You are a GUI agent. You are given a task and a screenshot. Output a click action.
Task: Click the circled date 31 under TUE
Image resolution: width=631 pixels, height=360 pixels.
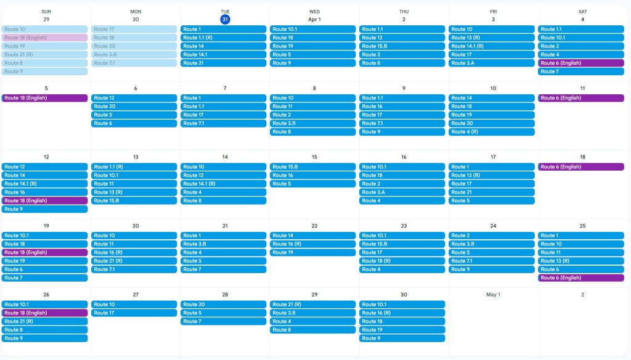pos(225,19)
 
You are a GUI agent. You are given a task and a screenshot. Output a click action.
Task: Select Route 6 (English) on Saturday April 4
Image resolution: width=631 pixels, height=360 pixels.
pos(581,63)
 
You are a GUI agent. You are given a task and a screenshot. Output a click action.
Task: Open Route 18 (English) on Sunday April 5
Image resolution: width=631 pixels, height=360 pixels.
pos(44,98)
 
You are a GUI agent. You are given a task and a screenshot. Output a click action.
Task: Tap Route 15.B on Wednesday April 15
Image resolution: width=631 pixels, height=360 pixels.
pos(312,167)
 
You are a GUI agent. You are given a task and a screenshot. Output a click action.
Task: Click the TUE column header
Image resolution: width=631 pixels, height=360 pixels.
pos(225,11)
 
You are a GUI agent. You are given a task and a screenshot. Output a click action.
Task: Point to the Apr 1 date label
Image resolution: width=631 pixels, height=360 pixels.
pos(314,19)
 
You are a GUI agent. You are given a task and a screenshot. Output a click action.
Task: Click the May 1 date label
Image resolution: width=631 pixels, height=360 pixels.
pos(493,295)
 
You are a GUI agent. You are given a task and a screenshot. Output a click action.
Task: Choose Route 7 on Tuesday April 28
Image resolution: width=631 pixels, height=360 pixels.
pos(223,321)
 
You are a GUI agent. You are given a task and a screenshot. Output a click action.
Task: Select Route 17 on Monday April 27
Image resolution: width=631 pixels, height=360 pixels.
pos(134,313)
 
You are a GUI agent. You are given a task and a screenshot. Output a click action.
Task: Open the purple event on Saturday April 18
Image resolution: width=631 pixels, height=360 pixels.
pos(581,167)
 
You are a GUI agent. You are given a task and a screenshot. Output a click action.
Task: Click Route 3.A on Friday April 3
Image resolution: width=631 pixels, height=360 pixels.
pos(491,63)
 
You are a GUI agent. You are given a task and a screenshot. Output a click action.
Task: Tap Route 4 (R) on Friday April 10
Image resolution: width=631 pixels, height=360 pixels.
pos(491,132)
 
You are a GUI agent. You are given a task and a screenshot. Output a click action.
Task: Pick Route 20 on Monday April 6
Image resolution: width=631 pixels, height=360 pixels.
pos(134,107)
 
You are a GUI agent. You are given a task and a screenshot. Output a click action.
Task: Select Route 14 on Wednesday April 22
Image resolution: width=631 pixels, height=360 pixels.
pos(312,235)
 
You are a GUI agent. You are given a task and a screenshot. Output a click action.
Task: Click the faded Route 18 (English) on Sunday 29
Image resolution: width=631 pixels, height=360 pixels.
pos(44,38)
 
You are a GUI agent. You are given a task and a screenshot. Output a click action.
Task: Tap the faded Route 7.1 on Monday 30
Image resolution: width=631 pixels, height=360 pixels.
pos(134,63)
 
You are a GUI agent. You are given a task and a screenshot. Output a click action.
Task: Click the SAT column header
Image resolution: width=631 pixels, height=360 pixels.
pos(582,11)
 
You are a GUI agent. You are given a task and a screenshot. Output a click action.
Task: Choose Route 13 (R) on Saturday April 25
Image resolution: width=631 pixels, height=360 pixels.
pos(581,261)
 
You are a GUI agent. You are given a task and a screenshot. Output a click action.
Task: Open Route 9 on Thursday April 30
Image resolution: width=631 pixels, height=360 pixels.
pos(402,338)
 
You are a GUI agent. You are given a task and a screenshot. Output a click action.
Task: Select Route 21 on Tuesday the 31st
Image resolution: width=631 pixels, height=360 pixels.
pos(223,63)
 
